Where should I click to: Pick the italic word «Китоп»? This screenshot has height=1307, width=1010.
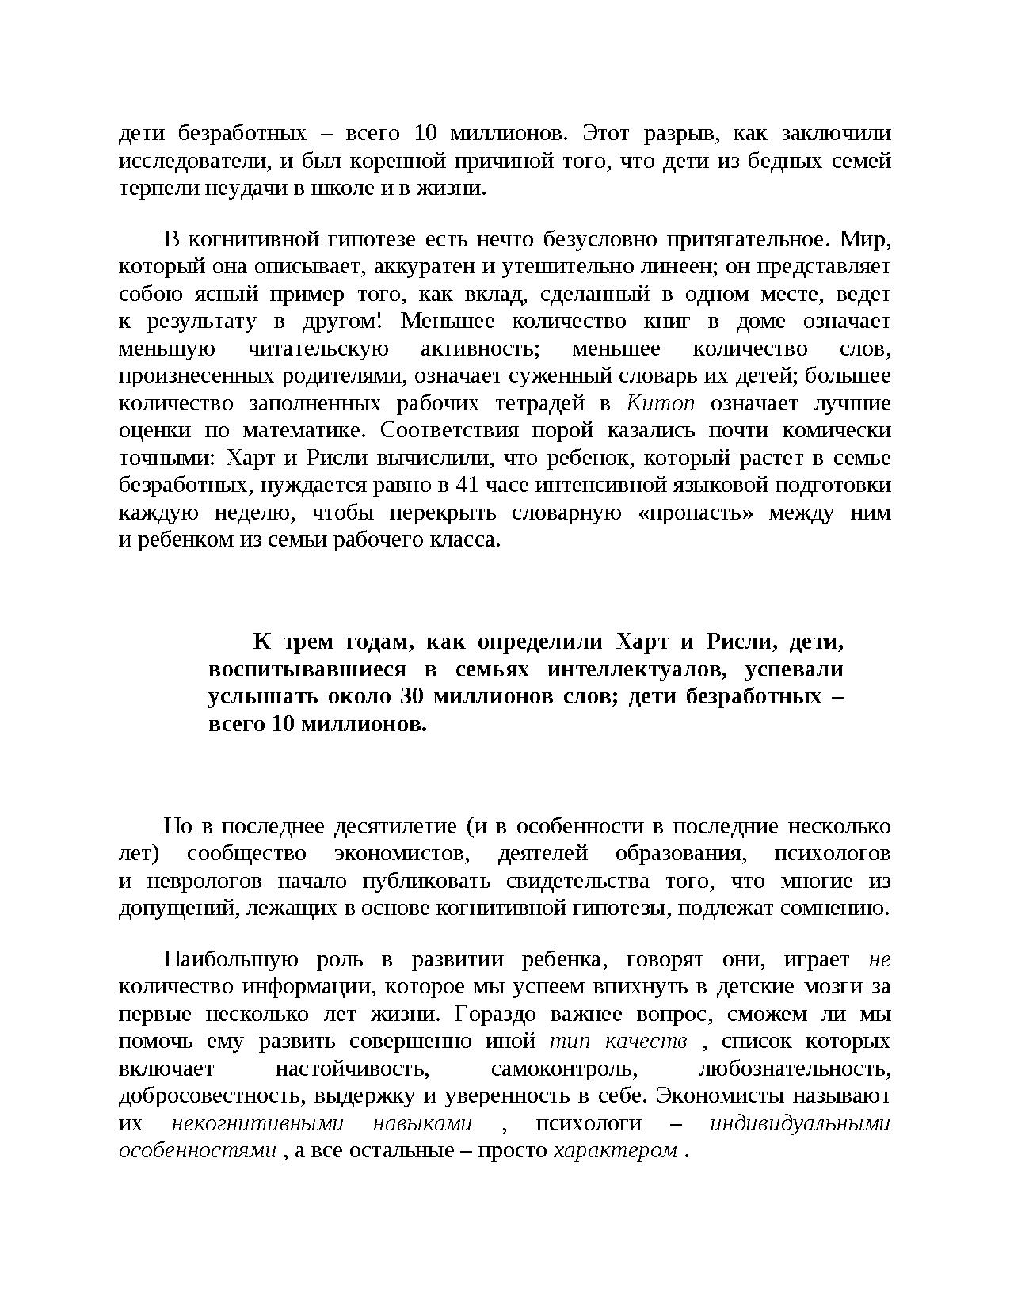(660, 403)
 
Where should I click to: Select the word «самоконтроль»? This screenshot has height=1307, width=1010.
(564, 1069)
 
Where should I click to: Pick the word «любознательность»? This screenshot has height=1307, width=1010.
(795, 1069)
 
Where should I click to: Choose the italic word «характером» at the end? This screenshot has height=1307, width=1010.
(615, 1150)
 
